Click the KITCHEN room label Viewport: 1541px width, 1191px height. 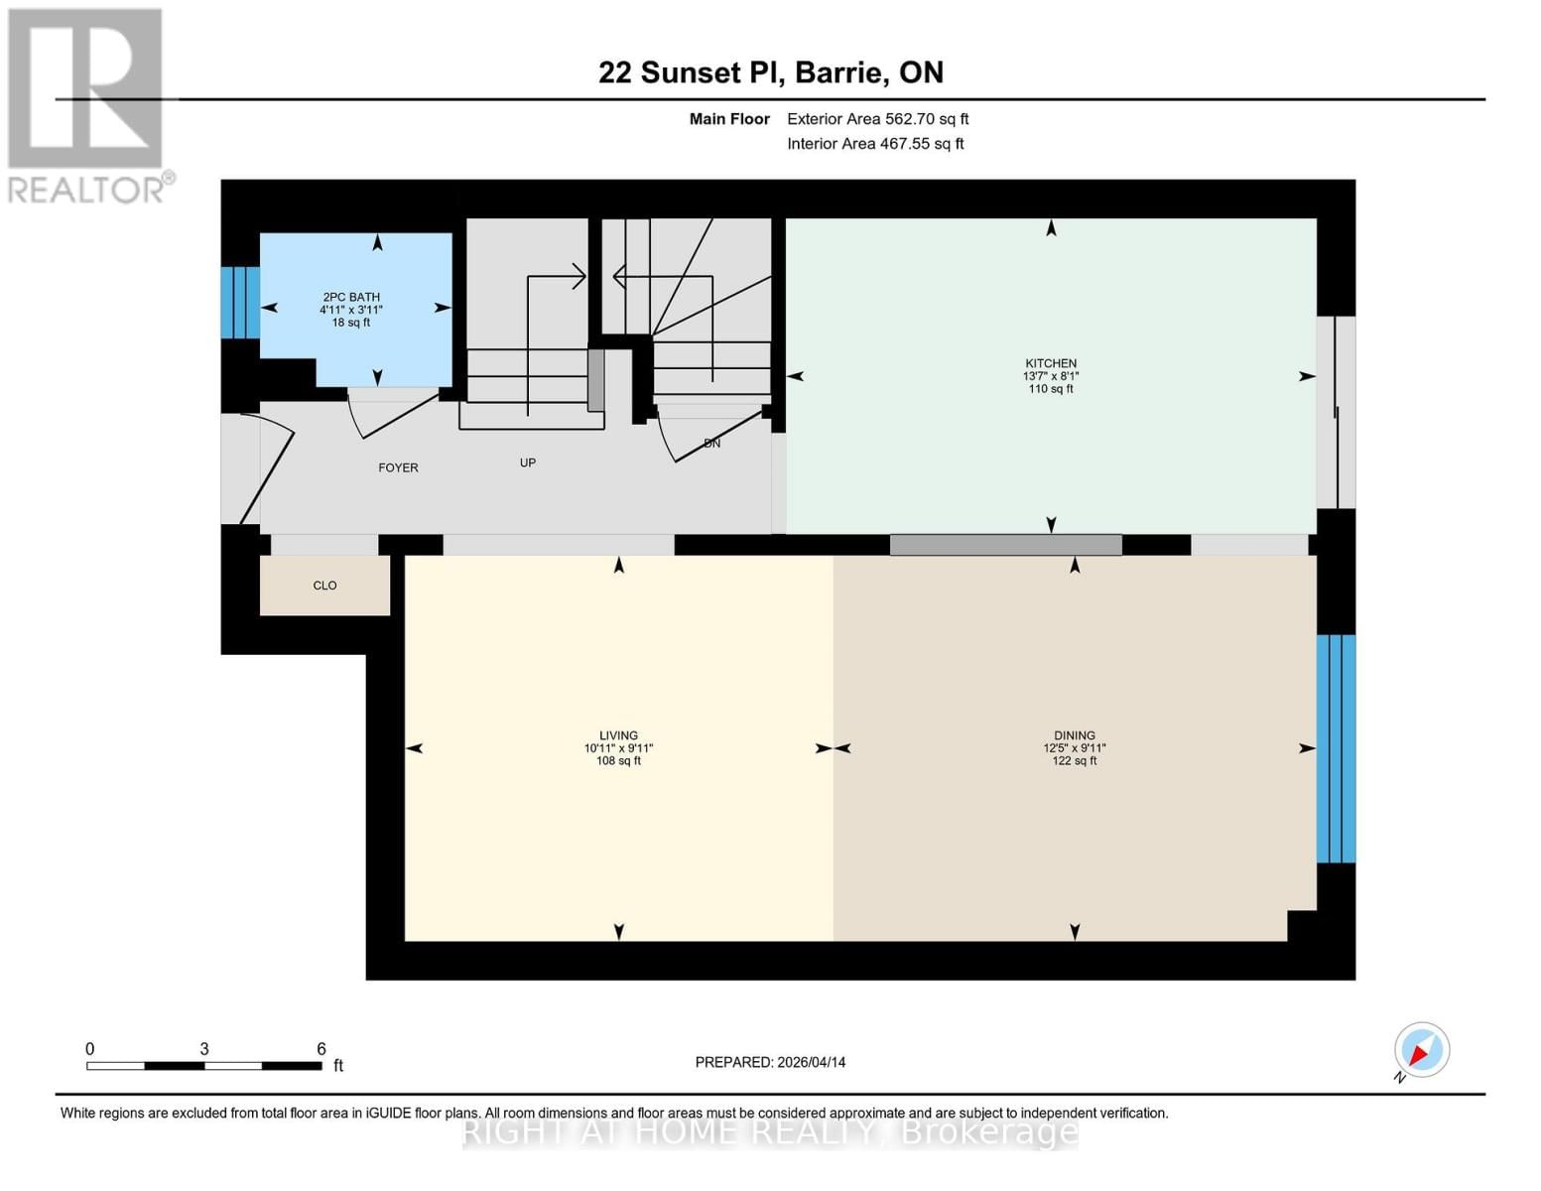point(1051,363)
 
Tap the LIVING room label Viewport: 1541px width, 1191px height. point(618,735)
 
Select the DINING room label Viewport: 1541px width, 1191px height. point(1075,735)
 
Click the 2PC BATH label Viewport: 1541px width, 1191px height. point(351,297)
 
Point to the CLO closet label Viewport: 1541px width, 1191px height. point(324,586)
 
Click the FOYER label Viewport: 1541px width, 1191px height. point(398,467)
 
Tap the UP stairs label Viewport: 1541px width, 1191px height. point(528,463)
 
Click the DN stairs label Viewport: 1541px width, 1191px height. point(711,444)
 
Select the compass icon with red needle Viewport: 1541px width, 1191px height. point(1421,1050)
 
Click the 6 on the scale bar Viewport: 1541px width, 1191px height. point(321,1048)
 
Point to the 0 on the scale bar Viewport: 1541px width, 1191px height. point(90,1048)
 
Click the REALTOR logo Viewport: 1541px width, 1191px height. point(87,104)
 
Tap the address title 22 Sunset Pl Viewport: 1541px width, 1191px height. point(770,72)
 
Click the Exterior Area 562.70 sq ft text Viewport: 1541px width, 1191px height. point(877,119)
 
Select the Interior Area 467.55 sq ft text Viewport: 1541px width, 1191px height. point(875,144)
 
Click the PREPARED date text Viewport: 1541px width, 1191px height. point(770,1062)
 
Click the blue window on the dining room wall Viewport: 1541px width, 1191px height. point(1336,748)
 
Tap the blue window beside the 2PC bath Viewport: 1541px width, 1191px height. point(239,303)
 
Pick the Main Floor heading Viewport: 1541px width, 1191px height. point(729,119)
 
